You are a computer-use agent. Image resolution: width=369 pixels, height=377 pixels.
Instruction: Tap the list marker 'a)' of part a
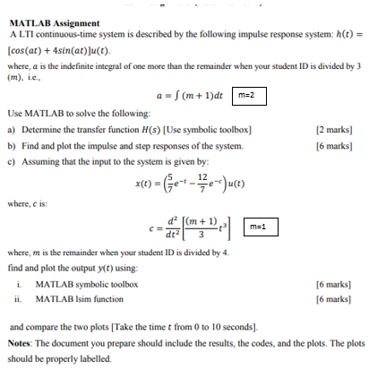(12, 130)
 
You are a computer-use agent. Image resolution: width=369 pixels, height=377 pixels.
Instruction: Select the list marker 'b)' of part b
(12, 145)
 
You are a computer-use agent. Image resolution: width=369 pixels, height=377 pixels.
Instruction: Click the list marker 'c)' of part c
(12, 160)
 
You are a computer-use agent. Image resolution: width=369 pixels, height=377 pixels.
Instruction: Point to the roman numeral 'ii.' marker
(21, 299)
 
